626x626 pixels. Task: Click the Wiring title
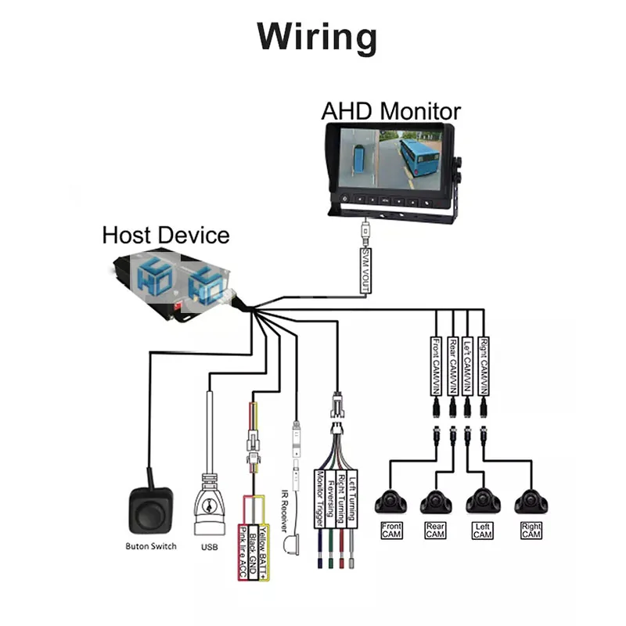[x=317, y=37]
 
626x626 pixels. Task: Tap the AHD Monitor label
[x=390, y=110]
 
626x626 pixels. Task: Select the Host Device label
[x=166, y=235]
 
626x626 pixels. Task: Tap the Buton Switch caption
[x=151, y=546]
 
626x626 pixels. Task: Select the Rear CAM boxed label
[x=436, y=531]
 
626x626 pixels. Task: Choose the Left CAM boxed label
[x=483, y=531]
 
